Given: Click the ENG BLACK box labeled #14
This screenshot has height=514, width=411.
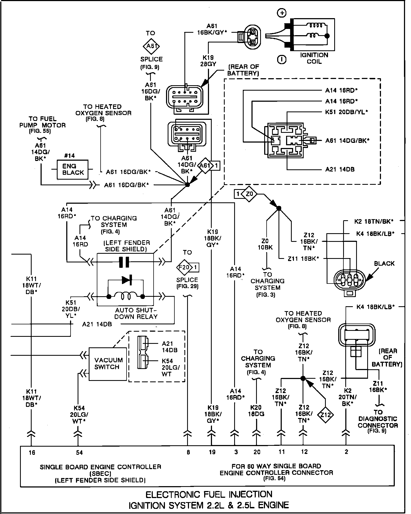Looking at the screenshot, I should pos(72,169).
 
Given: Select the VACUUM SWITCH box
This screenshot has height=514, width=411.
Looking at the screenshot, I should pos(108,364).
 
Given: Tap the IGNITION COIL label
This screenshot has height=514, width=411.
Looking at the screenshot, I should pos(314,58).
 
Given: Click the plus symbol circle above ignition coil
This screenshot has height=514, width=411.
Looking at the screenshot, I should pos(282,13).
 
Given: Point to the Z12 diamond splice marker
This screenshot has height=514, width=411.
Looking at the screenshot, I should pos(326,414).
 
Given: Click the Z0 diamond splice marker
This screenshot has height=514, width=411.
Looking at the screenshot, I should pos(249,194).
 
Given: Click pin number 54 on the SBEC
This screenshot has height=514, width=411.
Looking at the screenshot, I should pos(79,453).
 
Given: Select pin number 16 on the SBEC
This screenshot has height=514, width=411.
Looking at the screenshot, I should pos(32,453).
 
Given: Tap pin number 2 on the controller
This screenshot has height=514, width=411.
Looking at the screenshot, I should pos(346,452).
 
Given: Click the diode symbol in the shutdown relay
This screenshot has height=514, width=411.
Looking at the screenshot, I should pos(127,280).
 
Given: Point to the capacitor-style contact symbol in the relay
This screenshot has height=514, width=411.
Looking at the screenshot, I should pos(124,262).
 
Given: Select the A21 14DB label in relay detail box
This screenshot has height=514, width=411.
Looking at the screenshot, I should pos(340,169).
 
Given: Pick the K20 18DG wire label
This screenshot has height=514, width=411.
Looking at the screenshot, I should pos(256,411).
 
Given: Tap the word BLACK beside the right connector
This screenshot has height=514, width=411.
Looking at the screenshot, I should pos(384,263).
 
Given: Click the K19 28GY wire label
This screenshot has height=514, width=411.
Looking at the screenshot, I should pos(208,61).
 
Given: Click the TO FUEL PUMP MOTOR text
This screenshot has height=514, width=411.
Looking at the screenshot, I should pos(42,122).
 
